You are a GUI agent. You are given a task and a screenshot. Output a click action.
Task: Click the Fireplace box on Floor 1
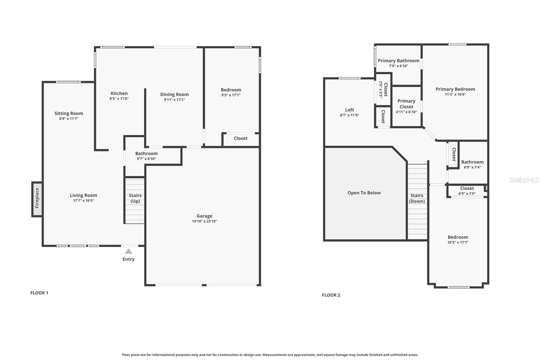[37, 199]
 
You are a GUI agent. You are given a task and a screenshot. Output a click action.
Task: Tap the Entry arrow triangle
[128, 251]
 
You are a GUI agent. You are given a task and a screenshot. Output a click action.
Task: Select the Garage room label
[205, 216]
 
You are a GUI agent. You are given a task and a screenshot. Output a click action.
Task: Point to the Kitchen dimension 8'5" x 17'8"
[119, 99]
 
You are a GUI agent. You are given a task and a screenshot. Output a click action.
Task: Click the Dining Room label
[174, 94]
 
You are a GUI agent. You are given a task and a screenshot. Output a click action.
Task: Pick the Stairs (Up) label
[135, 198]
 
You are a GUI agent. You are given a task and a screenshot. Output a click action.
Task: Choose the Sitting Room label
[69, 113]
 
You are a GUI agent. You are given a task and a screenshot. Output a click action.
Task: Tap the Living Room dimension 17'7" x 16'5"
[83, 201]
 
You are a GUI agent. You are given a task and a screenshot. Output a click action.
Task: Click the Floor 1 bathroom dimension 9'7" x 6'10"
[146, 159]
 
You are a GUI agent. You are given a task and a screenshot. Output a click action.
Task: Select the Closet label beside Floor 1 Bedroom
[241, 138]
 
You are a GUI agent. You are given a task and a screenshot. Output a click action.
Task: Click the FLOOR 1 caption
[39, 293]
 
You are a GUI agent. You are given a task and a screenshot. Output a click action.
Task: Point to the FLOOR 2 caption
[331, 295]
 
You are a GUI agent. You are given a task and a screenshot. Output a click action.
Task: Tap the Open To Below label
[364, 193]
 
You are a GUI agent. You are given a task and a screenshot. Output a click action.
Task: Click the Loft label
[350, 110]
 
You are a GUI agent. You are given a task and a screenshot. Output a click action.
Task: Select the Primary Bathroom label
[399, 60]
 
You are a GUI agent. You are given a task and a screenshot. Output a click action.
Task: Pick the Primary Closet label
[406, 104]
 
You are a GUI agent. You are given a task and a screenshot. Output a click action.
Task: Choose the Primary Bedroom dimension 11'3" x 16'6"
[455, 95]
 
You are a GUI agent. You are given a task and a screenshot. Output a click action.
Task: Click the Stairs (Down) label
[417, 198]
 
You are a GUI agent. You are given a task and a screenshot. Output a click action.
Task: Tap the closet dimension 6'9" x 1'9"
[467, 194]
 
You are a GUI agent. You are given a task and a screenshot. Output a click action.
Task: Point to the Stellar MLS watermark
[524, 180]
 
